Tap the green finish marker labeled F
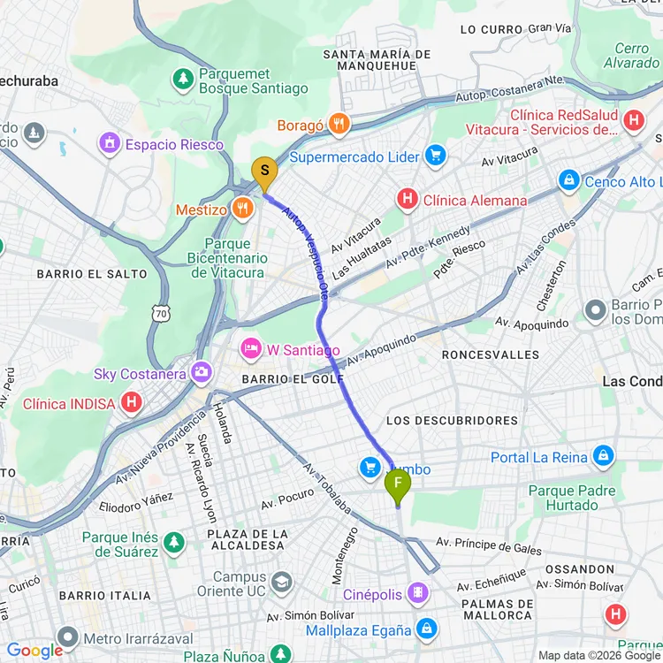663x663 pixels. [x=398, y=484]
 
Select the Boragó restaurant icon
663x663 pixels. [x=339, y=126]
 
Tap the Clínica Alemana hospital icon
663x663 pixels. [x=407, y=200]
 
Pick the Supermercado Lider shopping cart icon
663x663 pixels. [x=434, y=157]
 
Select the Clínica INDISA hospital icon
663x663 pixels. [x=132, y=404]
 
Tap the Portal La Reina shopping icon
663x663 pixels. [x=604, y=456]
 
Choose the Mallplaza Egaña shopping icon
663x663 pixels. [x=427, y=629]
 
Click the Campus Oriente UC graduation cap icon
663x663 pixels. [x=281, y=583]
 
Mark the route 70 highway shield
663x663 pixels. [x=160, y=314]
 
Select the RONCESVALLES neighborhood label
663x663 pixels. [x=489, y=354]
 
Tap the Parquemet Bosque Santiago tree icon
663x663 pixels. [x=184, y=79]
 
